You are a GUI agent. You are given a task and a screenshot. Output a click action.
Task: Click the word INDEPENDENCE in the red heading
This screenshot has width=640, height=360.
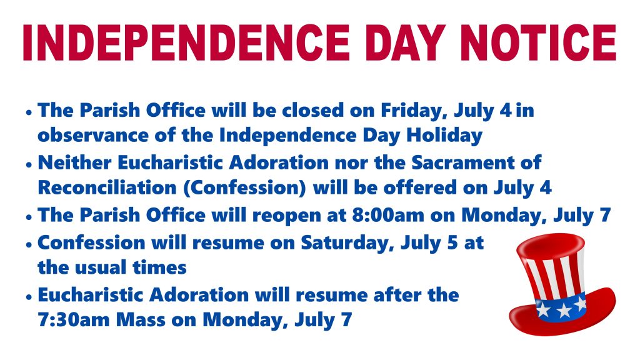[186, 43]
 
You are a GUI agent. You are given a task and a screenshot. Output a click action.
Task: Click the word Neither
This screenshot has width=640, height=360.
[74, 162]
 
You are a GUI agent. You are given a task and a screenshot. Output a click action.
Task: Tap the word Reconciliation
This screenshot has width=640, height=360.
[107, 187]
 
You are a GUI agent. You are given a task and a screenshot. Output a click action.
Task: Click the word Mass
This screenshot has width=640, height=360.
[141, 319]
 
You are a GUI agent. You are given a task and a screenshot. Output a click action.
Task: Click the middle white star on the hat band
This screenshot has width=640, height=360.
[564, 311]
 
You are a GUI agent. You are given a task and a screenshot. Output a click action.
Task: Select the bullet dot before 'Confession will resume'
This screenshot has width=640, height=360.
[29, 244]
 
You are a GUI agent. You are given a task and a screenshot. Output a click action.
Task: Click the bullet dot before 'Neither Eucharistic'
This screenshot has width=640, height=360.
[29, 164]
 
